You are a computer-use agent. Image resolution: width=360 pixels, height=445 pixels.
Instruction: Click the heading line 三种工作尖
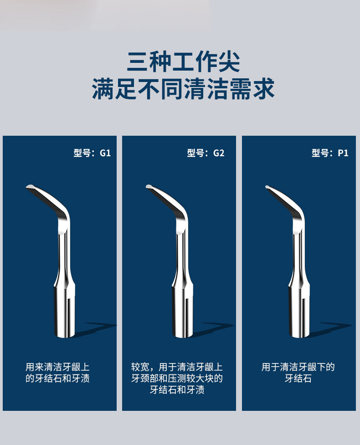(183, 61)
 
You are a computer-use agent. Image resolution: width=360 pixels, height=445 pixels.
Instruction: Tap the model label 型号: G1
(92, 153)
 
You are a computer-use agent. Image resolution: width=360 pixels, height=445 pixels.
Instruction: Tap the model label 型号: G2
(206, 153)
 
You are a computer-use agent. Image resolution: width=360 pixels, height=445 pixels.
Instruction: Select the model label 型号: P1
(330, 153)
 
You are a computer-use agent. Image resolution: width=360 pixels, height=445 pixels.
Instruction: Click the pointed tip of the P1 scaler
(267, 187)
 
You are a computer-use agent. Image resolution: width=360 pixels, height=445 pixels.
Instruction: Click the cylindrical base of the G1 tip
(64, 312)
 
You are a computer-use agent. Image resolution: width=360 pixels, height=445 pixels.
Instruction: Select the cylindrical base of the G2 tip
(182, 312)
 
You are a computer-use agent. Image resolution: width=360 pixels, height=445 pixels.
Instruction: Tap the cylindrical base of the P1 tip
(299, 312)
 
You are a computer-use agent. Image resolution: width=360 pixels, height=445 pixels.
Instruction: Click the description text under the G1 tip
(57, 373)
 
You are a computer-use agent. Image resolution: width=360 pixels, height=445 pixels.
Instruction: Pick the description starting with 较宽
(177, 379)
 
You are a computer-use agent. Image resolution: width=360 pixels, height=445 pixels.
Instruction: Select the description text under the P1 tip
(298, 373)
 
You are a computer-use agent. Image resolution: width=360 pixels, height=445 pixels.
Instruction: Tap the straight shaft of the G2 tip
(182, 256)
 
